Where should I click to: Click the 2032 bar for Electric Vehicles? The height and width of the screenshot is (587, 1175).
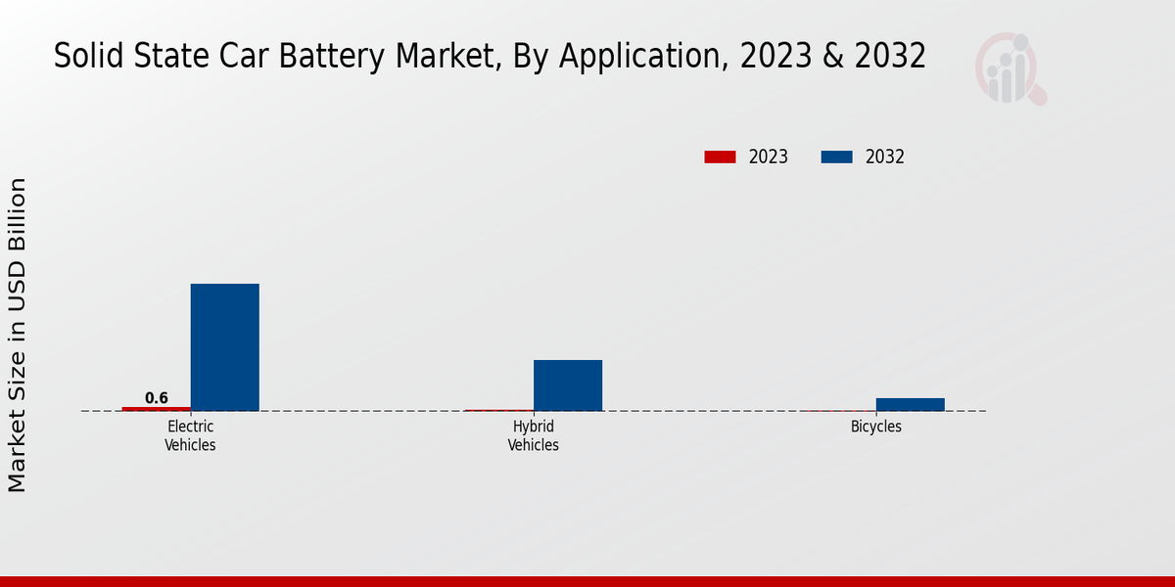224,347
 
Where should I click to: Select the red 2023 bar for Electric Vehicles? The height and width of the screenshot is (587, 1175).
157,408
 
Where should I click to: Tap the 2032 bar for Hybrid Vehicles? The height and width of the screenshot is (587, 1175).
568,385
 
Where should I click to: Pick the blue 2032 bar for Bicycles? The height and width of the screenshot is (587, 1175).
910,404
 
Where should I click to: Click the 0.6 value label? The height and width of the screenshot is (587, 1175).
157,398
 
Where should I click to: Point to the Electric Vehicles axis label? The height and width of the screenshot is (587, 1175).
190,435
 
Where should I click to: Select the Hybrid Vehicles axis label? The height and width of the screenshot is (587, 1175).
534,435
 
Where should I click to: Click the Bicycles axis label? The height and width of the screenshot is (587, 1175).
875,427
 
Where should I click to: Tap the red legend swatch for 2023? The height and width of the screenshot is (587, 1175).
720,157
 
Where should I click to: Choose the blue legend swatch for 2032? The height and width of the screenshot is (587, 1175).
836,157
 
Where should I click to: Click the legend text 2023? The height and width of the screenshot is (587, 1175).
769,157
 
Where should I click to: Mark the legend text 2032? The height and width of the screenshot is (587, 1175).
885,157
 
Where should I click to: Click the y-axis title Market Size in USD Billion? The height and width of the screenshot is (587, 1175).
18,335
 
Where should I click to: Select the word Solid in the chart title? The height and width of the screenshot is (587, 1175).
81,57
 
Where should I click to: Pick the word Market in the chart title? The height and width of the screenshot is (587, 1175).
446,57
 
